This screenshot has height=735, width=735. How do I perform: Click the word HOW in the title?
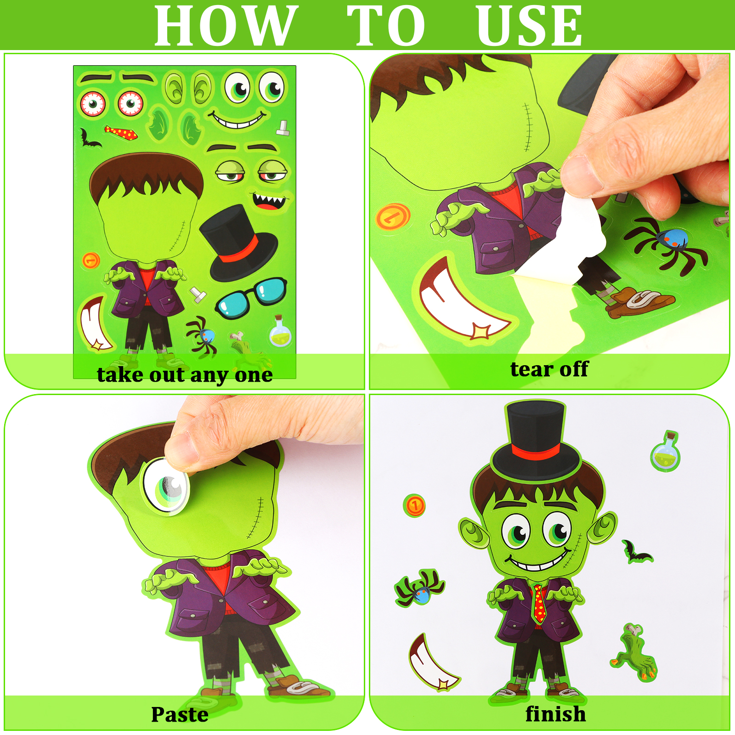(x=223, y=26)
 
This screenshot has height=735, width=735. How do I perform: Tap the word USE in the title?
(x=530, y=26)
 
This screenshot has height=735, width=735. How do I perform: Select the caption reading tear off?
(x=549, y=369)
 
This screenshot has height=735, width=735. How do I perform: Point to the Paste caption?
(x=180, y=714)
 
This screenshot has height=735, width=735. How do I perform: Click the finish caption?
(x=555, y=714)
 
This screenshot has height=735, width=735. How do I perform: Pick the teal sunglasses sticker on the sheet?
(x=251, y=297)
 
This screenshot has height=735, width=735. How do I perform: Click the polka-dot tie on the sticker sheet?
(x=121, y=133)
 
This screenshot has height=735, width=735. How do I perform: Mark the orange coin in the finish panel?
(x=414, y=506)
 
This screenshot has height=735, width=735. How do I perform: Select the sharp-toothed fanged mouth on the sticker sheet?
(x=270, y=201)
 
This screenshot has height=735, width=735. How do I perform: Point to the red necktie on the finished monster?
(x=539, y=603)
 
